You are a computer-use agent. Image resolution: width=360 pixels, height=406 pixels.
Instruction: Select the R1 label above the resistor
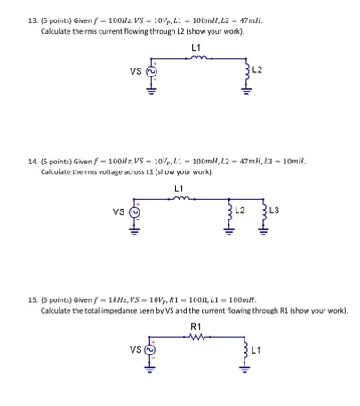point(196,328)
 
